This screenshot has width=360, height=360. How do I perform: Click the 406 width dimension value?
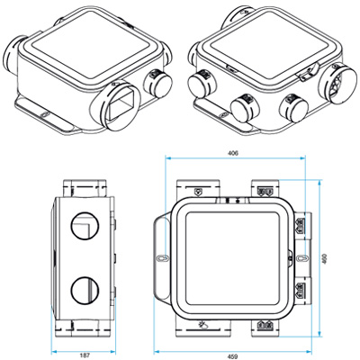(233, 154)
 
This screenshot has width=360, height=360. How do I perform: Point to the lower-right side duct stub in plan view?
(302, 292)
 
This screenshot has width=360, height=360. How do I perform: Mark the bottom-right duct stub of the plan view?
(265, 327)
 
